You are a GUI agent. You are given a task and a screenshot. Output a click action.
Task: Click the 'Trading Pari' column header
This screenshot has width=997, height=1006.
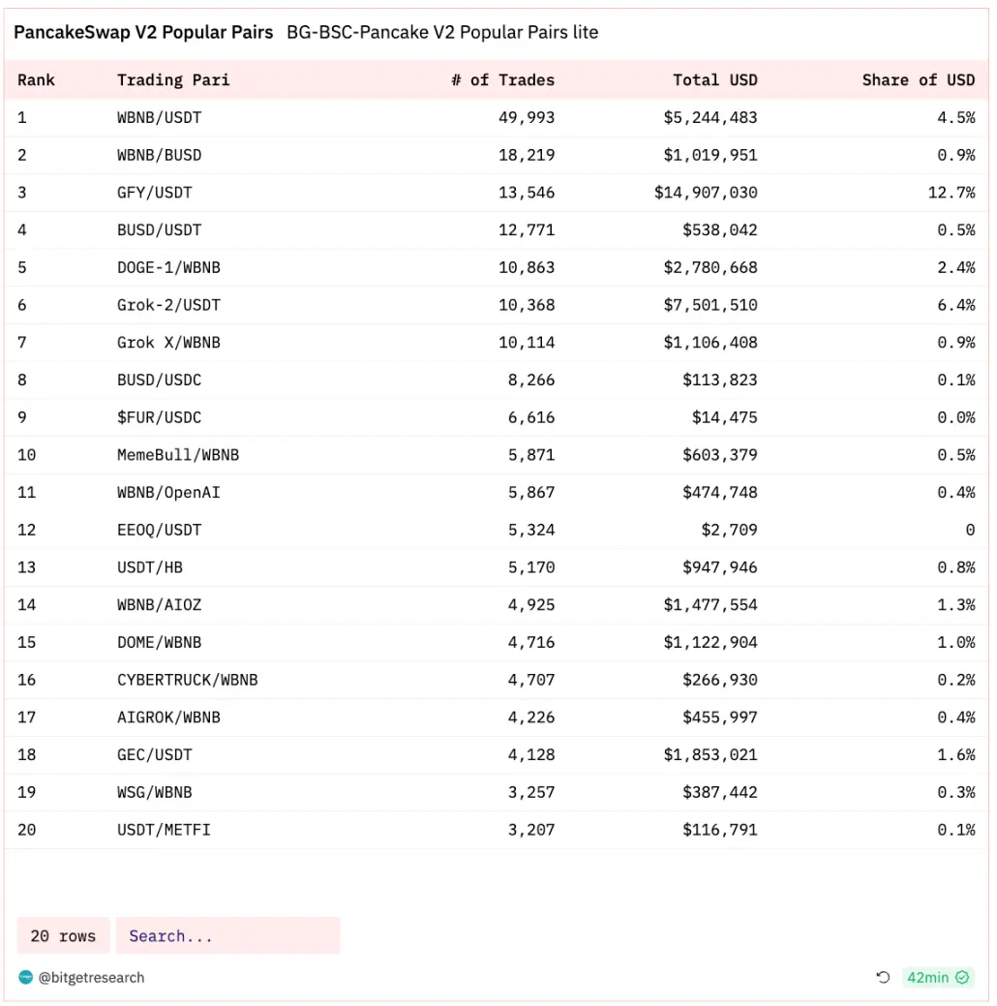pos(173,79)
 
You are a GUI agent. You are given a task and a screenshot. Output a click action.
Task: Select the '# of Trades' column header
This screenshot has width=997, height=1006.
pos(502,79)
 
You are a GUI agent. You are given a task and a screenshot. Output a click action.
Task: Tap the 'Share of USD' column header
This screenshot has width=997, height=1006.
pos(918,79)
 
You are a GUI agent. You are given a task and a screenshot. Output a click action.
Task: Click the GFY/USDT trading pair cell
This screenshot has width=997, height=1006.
pos(155,193)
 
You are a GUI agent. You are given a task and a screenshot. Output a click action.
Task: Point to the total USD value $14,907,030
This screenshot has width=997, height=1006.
pos(706,193)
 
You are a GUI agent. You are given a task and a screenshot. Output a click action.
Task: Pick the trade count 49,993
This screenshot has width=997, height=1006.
pos(527,117)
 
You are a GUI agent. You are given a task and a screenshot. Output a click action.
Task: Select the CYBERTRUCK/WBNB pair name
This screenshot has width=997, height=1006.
pos(188,680)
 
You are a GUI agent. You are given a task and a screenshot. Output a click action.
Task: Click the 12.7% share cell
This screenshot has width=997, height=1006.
pos(951,193)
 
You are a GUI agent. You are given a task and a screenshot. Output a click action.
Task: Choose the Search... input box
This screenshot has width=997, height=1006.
pos(227,935)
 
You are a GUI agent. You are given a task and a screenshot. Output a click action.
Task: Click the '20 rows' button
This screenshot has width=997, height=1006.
pos(63,935)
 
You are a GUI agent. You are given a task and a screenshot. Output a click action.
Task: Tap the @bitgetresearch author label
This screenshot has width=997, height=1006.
pos(91,977)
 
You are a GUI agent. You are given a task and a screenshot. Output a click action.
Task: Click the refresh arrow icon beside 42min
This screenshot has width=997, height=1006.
pos(883,977)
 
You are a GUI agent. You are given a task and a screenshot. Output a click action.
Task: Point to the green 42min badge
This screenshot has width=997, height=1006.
pos(937,977)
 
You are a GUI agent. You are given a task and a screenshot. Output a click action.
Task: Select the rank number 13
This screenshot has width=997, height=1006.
pos(26,567)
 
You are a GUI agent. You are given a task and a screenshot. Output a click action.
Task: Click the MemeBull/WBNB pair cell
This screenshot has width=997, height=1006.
pos(178,455)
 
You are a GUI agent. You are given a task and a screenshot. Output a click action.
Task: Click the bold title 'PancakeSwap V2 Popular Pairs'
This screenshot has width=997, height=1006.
pos(143,32)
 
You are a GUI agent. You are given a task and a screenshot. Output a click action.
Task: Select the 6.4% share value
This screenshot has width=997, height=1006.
pos(955,305)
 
